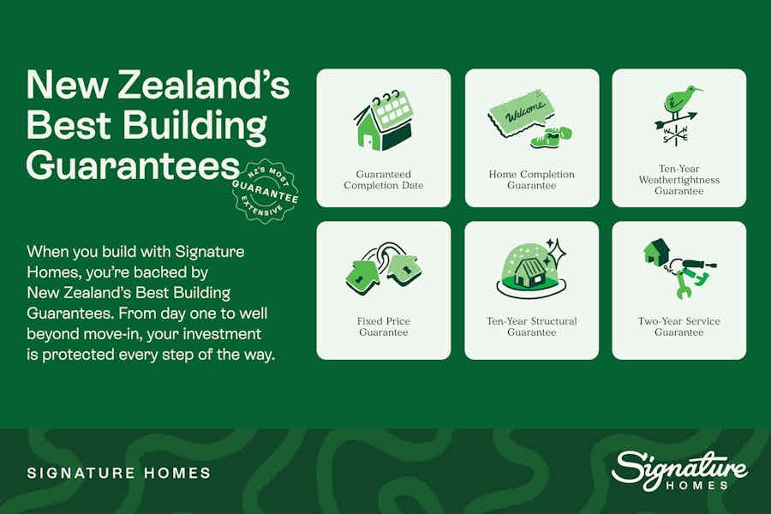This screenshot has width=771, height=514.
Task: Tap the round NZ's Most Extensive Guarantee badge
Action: click(266, 191)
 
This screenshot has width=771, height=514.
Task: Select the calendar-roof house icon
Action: click(383, 121)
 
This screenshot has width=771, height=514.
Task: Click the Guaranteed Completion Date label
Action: click(384, 180)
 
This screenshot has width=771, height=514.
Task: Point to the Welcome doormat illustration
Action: click(518, 115)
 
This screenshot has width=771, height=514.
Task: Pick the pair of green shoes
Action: click(552, 136)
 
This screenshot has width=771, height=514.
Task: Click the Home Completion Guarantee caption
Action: click(531, 180)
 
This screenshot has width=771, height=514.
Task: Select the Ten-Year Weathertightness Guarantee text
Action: click(679, 180)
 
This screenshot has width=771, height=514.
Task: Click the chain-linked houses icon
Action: click(383, 268)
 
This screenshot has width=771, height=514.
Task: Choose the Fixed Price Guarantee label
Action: click(384, 326)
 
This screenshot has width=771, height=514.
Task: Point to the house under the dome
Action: click(529, 273)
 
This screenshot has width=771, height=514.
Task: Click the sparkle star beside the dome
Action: click(558, 253)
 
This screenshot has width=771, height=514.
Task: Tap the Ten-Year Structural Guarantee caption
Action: click(531, 326)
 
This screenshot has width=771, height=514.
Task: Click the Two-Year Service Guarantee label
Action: click(679, 326)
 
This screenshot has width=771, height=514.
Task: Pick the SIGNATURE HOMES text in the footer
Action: click(119, 473)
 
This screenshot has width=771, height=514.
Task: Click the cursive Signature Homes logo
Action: click(679, 470)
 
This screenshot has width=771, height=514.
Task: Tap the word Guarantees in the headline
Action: click(134, 165)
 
